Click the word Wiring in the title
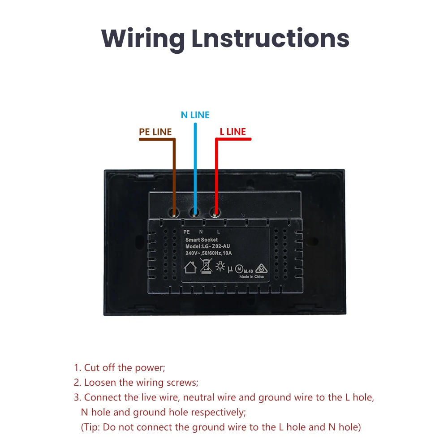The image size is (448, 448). [x=143, y=39]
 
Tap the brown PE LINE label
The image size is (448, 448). [x=155, y=132]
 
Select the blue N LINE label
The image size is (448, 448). [x=195, y=115]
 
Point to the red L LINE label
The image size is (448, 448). [x=233, y=132]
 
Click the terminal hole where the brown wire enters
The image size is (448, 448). [x=174, y=212]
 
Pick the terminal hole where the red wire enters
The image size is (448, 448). [x=216, y=212]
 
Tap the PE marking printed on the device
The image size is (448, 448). [x=187, y=232]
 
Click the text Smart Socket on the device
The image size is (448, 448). [x=202, y=240]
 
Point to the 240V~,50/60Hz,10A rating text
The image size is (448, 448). [x=209, y=254]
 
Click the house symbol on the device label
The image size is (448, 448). [x=191, y=268]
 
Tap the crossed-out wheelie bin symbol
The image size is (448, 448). [x=206, y=266]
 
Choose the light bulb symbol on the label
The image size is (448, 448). [x=220, y=267]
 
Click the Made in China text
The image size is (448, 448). [x=251, y=277]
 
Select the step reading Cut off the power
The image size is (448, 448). [x=120, y=368]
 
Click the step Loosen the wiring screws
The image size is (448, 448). [x=136, y=383]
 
